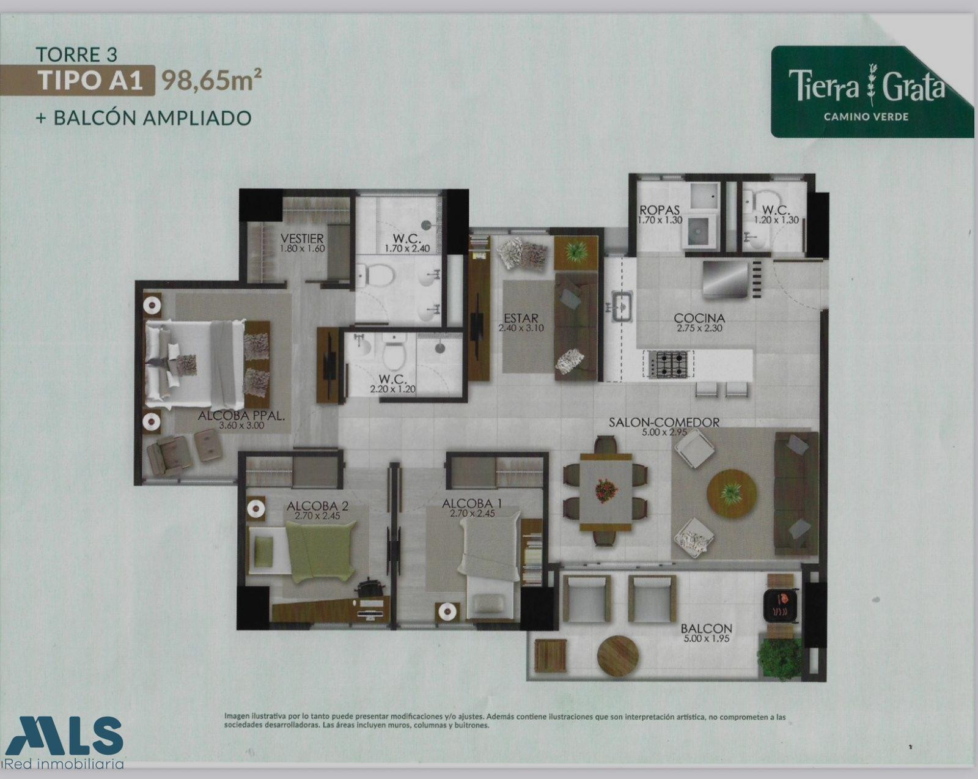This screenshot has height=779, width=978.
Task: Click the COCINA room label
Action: pyautogui.click(x=699, y=318)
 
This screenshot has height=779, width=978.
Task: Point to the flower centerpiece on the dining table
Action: pyautogui.click(x=607, y=491)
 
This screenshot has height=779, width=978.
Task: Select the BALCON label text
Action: pyautogui.click(x=706, y=629)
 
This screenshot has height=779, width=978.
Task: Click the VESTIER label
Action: pyautogui.click(x=302, y=238)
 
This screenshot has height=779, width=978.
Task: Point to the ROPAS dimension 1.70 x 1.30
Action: pyautogui.click(x=660, y=220)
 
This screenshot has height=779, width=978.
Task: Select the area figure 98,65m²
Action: pyautogui.click(x=211, y=81)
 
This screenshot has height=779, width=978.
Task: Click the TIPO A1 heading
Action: pyautogui.click(x=90, y=81)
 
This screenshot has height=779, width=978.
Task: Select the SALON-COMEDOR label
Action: pyautogui.click(x=664, y=423)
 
